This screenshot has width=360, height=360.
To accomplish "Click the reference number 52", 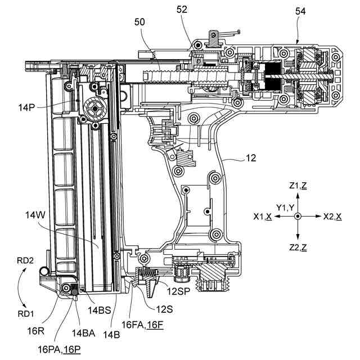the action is [x=182, y=10].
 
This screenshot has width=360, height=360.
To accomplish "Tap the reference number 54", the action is [x=300, y=11].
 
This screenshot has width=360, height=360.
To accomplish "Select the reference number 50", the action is [x=139, y=22].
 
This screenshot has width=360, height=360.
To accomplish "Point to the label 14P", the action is [x=26, y=107].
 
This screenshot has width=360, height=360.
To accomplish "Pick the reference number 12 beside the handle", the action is [x=251, y=158].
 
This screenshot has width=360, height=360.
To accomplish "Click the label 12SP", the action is [x=178, y=291].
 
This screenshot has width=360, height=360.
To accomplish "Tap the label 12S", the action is [x=164, y=309].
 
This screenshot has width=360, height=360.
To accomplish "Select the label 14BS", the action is [x=100, y=310].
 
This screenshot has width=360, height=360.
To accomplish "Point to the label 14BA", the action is [x=84, y=333].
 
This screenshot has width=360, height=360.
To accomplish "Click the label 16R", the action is [x=35, y=331].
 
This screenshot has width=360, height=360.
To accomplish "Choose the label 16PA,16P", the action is [x=59, y=350].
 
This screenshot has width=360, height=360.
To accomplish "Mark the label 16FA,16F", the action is [x=142, y=325].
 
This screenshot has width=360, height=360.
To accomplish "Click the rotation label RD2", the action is [x=25, y=260].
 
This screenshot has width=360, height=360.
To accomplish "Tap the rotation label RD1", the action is [x=26, y=314].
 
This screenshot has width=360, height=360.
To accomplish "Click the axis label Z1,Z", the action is [x=298, y=186].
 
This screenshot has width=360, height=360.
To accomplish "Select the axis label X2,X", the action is [x=332, y=216].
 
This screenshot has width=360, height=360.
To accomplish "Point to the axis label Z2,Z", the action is [x=298, y=247].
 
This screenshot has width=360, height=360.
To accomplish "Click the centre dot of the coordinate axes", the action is [x=298, y=216].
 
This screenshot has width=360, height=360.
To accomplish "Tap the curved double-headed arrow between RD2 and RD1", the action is [x=19, y=287].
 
